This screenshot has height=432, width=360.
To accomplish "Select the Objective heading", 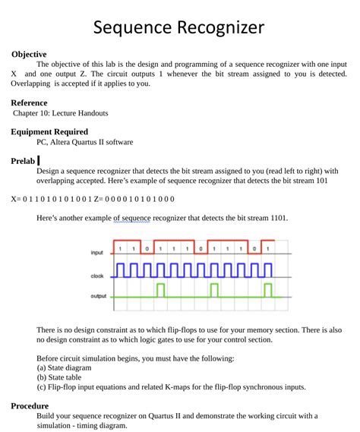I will tap(29, 55).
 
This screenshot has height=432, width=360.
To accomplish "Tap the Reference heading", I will tap(30, 102).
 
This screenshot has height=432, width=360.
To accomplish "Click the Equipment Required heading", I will tap(49, 131).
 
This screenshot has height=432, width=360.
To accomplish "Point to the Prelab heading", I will tap(23, 161).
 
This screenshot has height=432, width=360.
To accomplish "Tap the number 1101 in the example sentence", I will tap(279, 218).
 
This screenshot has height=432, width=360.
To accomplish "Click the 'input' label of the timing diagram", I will tap(96, 252).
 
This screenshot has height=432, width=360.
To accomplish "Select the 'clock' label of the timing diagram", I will tap(96, 276).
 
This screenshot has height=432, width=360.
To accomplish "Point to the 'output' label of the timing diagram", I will tap(98, 296).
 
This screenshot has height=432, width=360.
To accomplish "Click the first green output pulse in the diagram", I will tap(160, 290).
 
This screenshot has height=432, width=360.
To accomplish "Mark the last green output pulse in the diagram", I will tap(267, 290).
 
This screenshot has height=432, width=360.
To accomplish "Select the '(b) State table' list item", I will tap(65, 377).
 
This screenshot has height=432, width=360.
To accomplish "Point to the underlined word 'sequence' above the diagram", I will tap(133, 218).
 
